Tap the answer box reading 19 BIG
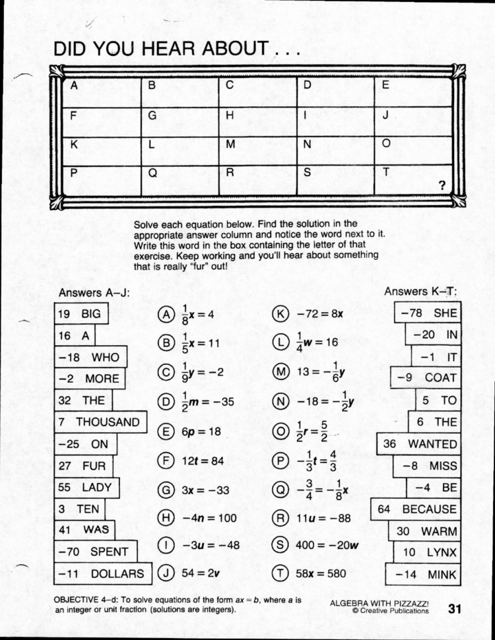81,314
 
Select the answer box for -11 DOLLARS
102,573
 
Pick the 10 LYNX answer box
428,552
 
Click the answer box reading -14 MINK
424,574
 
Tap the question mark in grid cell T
442,185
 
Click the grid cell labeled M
257,150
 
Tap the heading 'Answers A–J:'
94,292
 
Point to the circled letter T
280,573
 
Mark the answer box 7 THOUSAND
100,422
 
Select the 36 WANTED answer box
419,444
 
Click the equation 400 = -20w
325,545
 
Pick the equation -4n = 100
209,517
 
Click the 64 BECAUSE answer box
416,509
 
